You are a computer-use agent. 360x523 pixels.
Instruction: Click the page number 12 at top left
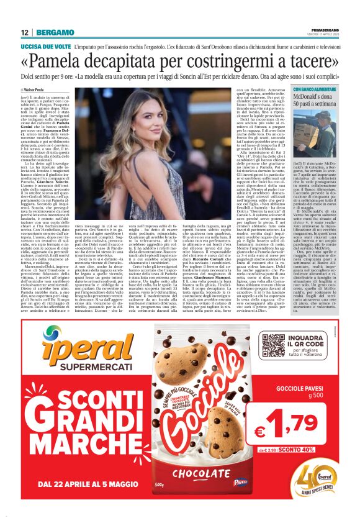tap(24, 32)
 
